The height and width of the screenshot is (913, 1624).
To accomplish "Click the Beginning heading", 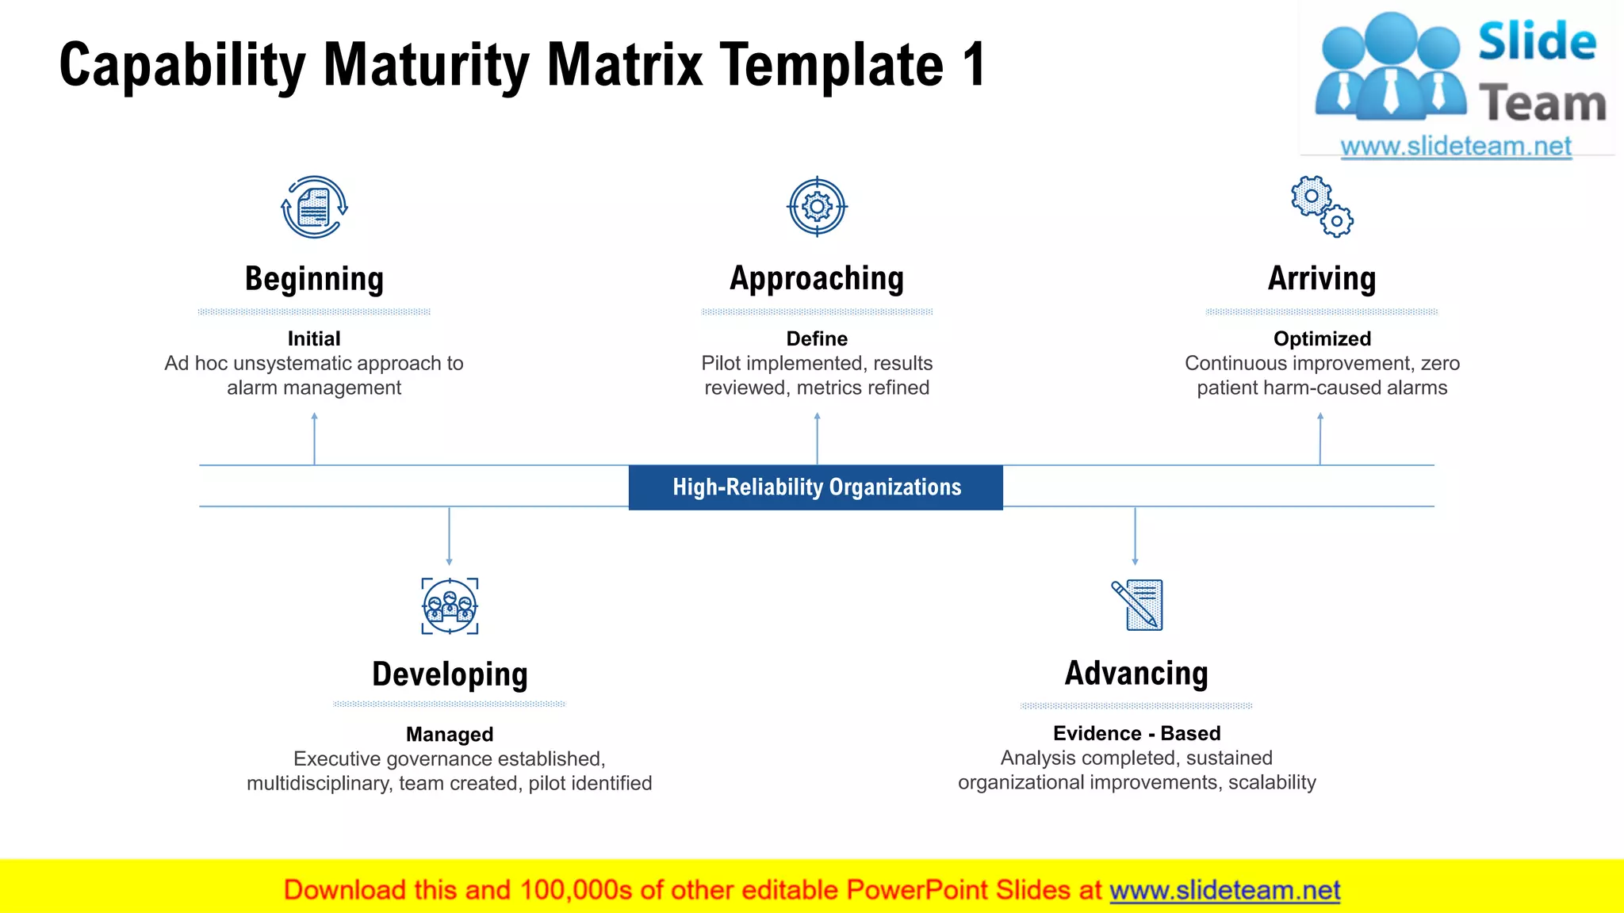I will pos(314,279).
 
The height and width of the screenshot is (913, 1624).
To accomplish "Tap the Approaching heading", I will pos(817,279).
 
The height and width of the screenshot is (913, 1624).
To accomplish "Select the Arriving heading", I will pos(1321,279).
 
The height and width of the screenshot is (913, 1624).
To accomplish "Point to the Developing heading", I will pos(450,674).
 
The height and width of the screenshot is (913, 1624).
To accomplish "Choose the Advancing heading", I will pos(1136,674).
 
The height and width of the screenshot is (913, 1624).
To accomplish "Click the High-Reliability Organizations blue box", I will pos(816,487).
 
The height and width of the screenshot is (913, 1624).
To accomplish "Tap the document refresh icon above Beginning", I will pos(314,207).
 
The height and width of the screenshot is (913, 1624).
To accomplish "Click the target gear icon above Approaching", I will pos(817,207).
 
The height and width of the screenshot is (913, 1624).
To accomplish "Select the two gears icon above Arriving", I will pos(1321,207).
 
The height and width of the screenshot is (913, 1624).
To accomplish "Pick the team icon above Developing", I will pos(450,606).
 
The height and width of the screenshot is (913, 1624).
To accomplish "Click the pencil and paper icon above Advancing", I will pos(1137,605).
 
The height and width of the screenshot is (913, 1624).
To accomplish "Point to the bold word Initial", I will pos(314,338).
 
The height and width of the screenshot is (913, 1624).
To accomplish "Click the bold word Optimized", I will pos(1322,338).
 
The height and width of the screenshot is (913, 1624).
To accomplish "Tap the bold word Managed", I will pos(450,734).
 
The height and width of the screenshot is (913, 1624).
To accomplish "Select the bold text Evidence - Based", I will pos(1136,733).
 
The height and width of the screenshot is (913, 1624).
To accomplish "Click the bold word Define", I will pos(817,338).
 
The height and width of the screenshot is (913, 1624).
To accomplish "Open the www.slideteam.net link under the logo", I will pos(1456,146).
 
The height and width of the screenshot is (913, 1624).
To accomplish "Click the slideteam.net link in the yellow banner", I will pos(1224,890).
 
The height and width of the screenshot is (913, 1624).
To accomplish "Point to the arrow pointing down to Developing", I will pos(450,536).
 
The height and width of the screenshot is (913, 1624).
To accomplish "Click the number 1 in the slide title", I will pos(975,65).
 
